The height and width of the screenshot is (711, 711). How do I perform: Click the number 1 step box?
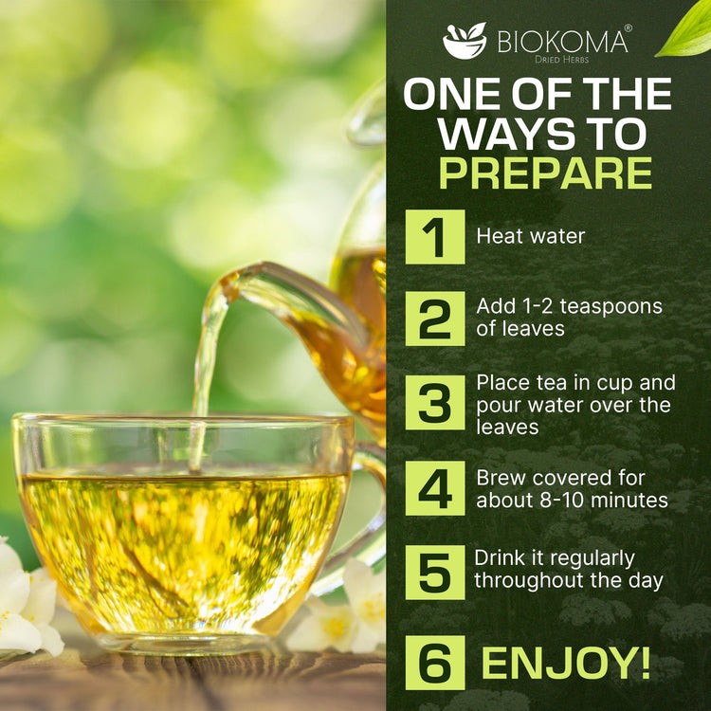pyautogui.click(x=435, y=237)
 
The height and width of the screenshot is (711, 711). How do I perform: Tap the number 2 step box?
pyautogui.click(x=435, y=319)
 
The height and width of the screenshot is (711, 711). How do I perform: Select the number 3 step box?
pyautogui.click(x=435, y=402)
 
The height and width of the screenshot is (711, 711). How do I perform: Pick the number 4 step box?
pyautogui.click(x=435, y=488)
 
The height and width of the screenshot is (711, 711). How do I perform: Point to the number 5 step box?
pyautogui.click(x=435, y=573)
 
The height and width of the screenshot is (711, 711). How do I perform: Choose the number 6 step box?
pyautogui.click(x=435, y=663)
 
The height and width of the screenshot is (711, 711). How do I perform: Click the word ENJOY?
pyautogui.click(x=566, y=663)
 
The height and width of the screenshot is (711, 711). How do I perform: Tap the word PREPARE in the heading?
pyautogui.click(x=545, y=173)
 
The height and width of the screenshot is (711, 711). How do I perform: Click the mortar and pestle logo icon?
pyautogui.click(x=465, y=41)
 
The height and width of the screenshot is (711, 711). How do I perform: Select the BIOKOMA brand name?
pyautogui.click(x=562, y=42)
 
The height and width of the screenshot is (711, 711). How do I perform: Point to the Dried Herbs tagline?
pyautogui.click(x=561, y=60)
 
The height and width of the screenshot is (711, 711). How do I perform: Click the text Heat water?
pyautogui.click(x=531, y=236)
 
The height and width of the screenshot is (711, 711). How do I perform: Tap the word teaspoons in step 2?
pyautogui.click(x=611, y=307)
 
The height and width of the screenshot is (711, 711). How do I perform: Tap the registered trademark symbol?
pyautogui.click(x=628, y=28)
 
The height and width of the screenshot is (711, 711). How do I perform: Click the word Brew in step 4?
pyautogui.click(x=499, y=478)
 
